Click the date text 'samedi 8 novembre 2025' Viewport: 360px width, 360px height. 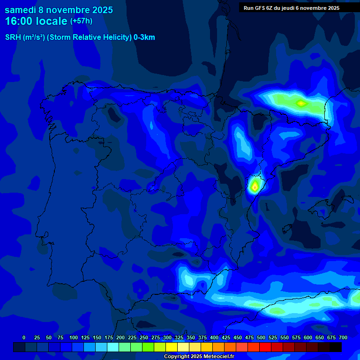coord(59,10)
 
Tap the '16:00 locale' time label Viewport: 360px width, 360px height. coord(36,21)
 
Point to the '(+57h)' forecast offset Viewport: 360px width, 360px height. coord(81,21)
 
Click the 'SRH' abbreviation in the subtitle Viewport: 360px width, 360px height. coord(13,37)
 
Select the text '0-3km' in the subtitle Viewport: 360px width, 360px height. coord(144,37)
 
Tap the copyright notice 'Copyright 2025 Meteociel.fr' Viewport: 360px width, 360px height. coord(199,357)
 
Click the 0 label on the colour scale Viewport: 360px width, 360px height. coord(24,337)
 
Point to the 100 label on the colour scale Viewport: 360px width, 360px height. coord(74,337)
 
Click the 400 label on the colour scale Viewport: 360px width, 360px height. coord(214,337)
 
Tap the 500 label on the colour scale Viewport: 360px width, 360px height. coord(261,337)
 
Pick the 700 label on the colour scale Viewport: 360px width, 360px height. coord(343,337)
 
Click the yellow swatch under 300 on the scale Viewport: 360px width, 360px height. coord(172,347)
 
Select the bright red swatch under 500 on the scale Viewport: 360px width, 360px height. coord(265,347)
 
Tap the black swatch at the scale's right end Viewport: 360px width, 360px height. coord(336,347)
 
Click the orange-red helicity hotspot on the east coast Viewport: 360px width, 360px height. coord(255,187)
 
